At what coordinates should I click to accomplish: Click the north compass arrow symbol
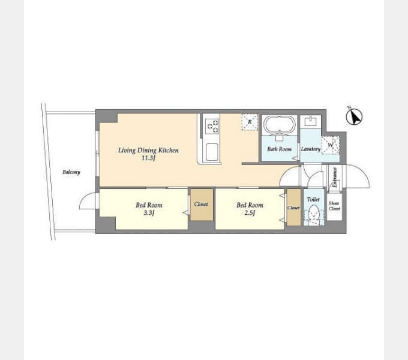pyautogui.click(x=354, y=116)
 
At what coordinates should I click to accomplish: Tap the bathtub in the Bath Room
pyautogui.click(x=280, y=124)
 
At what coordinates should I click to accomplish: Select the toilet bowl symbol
pyautogui.click(x=314, y=214)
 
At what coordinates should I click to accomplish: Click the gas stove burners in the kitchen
pyautogui.click(x=212, y=126)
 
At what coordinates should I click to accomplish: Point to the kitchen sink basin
pyautogui.click(x=212, y=152)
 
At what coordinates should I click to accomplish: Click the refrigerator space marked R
pyautogui.click(x=250, y=122)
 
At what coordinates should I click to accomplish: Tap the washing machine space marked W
pyautogui.click(x=331, y=145)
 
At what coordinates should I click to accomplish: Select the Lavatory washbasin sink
pyautogui.click(x=311, y=121)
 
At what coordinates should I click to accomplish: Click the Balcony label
pyautogui.click(x=71, y=172)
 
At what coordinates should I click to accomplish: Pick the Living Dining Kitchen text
pyautogui.click(x=148, y=151)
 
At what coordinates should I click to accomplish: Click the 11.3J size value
pyautogui.click(x=148, y=158)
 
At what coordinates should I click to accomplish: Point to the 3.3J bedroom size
pyautogui.click(x=149, y=213)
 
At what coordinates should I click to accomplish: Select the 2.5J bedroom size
pyautogui.click(x=250, y=213)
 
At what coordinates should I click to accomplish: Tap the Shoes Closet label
pyautogui.click(x=334, y=206)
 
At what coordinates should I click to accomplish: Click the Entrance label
pyautogui.click(x=335, y=178)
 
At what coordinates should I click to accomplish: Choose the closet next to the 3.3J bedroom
pyautogui.click(x=202, y=205)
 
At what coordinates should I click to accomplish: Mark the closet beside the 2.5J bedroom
pyautogui.click(x=294, y=208)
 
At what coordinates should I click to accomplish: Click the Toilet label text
pyautogui.click(x=313, y=200)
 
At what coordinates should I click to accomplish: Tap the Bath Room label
pyautogui.click(x=279, y=149)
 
